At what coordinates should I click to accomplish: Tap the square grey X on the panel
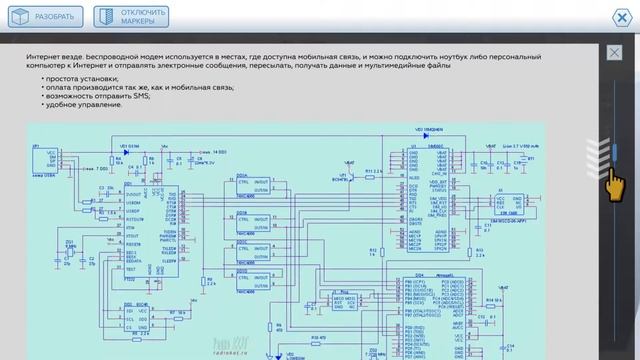[612, 52]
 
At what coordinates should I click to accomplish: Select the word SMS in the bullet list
[126, 95]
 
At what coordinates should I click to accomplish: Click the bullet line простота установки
[82, 77]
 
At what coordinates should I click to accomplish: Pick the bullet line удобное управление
[84, 104]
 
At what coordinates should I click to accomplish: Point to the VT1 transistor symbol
[349, 178]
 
